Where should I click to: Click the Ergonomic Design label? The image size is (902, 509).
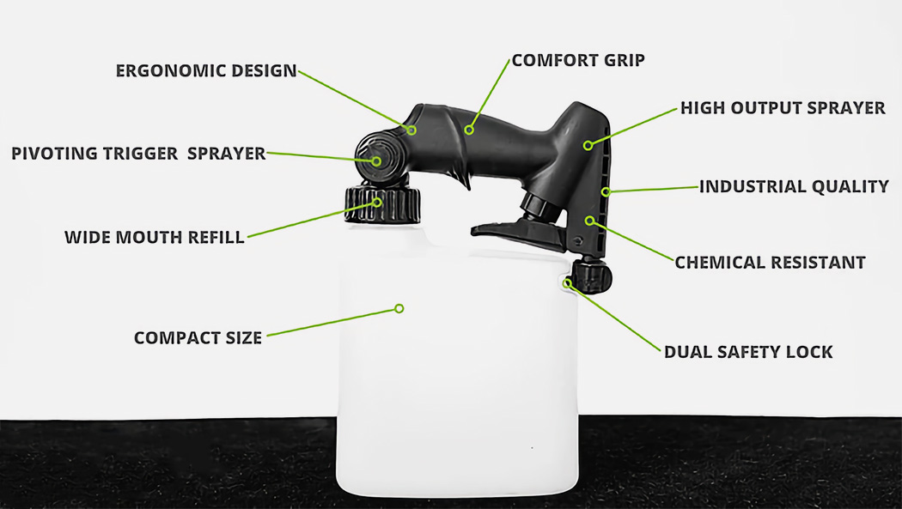coord(205,70)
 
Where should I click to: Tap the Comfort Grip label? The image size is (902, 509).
coord(577,61)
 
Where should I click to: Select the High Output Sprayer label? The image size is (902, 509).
coord(783,108)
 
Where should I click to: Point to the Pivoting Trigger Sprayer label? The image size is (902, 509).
coord(137,154)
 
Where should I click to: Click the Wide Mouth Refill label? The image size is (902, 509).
coord(154,237)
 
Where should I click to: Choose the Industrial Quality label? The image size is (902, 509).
coord(793,186)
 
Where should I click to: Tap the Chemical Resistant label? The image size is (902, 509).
coord(770,263)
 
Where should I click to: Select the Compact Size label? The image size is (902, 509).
coord(198,338)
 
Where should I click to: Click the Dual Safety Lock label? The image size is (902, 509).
coord(748,352)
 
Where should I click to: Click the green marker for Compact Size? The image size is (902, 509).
coord(399,308)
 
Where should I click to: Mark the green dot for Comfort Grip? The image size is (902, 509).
coord(469,130)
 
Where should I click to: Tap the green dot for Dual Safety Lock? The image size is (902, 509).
coord(568,282)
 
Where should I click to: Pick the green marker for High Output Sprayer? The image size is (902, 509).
coord(588,145)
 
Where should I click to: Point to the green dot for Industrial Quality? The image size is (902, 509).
coord(606,191)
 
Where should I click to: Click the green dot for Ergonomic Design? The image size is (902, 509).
coord(412,130)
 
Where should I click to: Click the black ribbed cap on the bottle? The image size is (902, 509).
coord(383,205)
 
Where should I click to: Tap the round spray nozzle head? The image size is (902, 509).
coord(375,161)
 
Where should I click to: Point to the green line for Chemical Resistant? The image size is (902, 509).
coord(631,240)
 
